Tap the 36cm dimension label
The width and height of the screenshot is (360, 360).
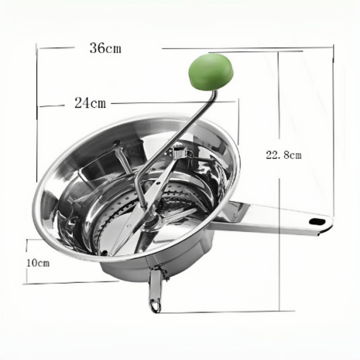click(105, 48)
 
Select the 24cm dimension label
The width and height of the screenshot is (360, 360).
click(90, 103)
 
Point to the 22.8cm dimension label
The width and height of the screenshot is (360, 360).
click(283, 155)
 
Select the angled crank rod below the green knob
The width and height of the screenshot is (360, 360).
click(180, 135)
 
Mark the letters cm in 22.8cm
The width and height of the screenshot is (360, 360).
click(294, 156)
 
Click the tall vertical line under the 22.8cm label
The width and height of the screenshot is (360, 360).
click(279, 234)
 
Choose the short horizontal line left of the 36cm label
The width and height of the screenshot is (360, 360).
click(56, 47)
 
